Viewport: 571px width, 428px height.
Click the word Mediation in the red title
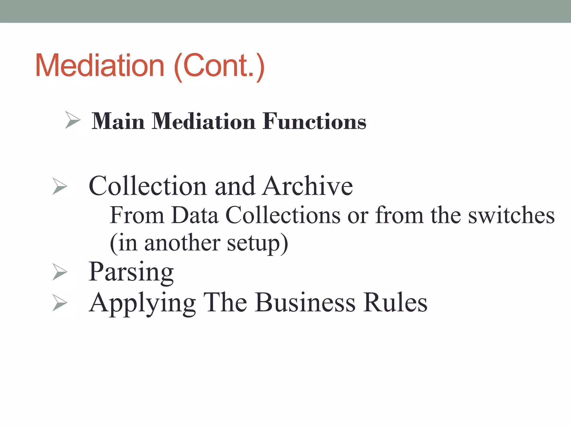coord(100,65)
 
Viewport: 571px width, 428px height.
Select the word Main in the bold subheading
coord(118,121)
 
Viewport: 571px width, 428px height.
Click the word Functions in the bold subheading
coord(314,121)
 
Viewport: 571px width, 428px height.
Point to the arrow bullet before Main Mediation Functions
coord(72,120)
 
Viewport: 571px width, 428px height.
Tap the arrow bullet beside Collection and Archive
coord(60,186)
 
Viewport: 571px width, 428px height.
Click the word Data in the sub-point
coord(195,215)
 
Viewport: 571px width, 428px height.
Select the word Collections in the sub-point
coord(283,215)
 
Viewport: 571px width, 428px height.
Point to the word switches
coord(511,215)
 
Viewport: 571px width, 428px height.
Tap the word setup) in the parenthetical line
coord(257,244)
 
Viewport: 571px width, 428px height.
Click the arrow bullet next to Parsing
coord(60,272)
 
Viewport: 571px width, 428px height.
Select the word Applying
coord(142,303)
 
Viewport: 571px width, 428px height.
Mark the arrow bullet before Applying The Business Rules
coord(60,303)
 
